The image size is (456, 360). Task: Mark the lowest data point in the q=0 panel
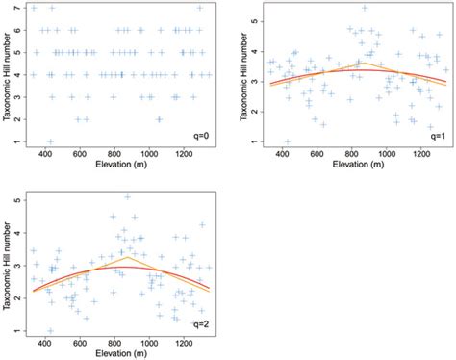pyautogui.click(x=51, y=141)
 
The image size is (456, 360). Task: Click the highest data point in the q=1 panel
pyautogui.click(x=364, y=8)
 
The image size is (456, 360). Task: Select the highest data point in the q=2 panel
pyautogui.click(x=127, y=197)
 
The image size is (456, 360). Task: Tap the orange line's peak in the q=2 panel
pyautogui.click(x=127, y=257)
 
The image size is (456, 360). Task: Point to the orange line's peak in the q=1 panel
pyautogui.click(x=362, y=63)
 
